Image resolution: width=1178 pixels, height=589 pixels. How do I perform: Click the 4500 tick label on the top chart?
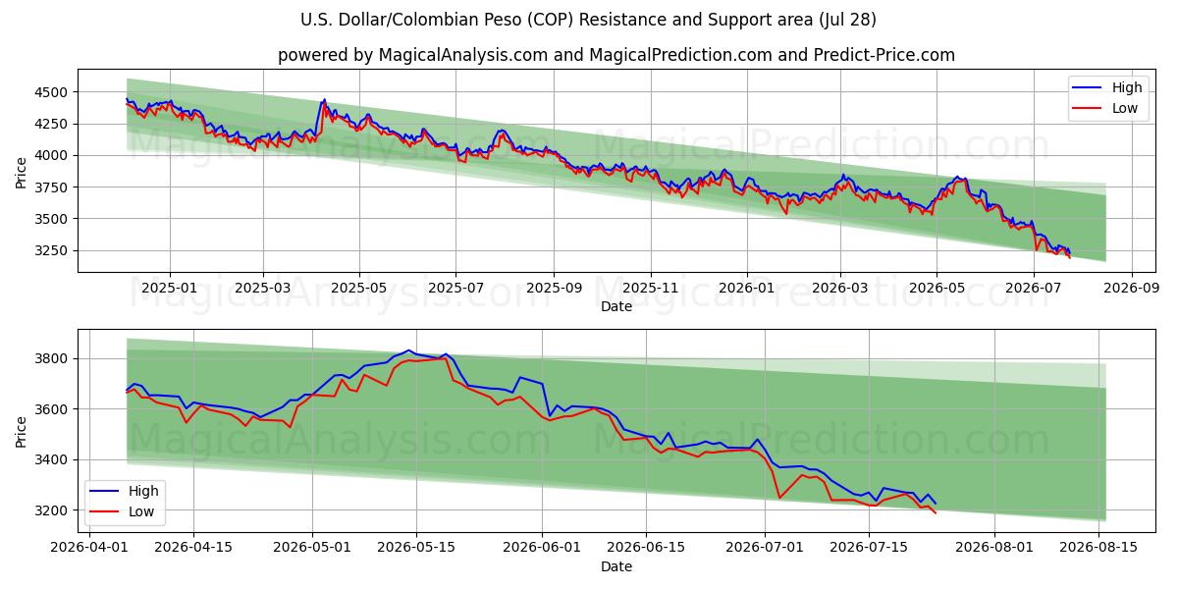tap(51, 92)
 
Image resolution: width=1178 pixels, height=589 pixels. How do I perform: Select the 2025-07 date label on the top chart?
tap(455, 289)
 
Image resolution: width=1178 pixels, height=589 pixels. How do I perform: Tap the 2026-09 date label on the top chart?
tap(1131, 289)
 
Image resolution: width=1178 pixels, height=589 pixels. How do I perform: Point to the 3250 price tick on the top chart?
tap(51, 251)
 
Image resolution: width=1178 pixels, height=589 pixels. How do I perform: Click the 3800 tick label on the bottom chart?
tap(51, 359)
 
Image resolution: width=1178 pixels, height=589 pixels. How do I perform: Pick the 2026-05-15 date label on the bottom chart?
tap(416, 548)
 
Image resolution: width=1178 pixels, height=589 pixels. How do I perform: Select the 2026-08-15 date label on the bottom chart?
tap(1098, 548)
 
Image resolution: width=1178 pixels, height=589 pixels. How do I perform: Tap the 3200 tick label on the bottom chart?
tap(51, 510)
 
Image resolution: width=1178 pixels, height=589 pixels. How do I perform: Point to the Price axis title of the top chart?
tap(21, 173)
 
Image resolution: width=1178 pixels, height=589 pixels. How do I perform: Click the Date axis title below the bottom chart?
tap(616, 566)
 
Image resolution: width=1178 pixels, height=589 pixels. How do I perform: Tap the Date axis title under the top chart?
tap(616, 306)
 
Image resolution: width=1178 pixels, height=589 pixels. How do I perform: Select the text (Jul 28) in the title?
tap(847, 20)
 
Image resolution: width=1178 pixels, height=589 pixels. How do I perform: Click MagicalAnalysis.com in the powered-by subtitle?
tap(463, 55)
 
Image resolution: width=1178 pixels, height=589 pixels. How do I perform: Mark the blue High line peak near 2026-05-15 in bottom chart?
tap(408, 350)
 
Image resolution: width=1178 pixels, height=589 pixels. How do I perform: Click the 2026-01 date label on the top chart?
tap(747, 289)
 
